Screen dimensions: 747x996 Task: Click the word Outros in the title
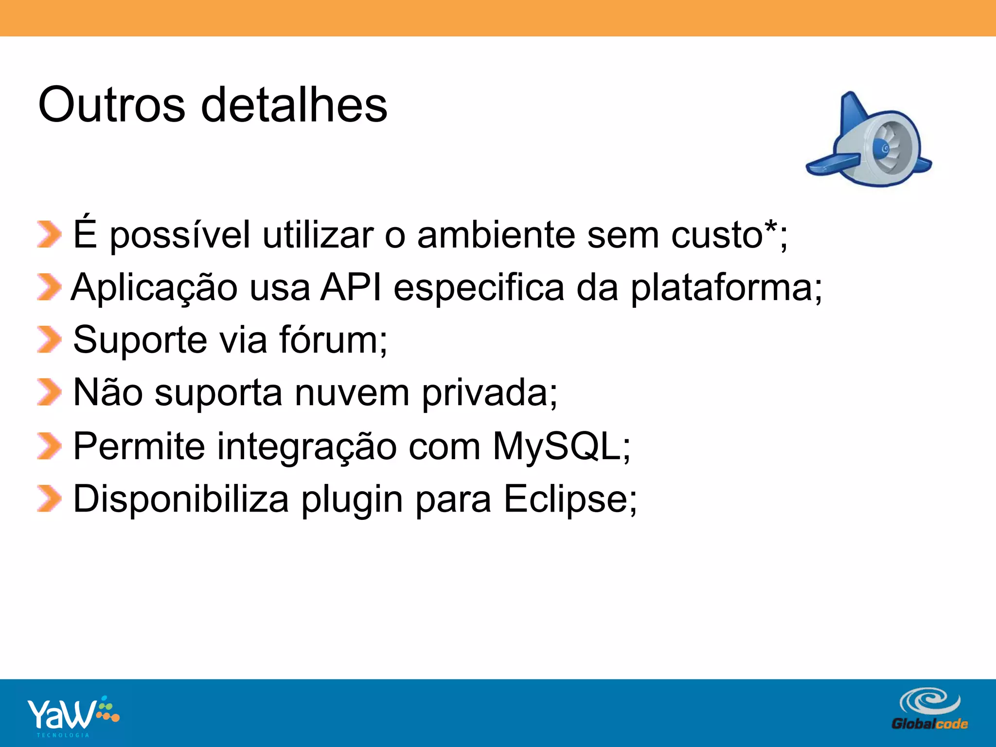[111, 105]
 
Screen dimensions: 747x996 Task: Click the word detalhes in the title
[294, 105]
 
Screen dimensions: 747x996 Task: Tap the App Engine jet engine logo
[870, 141]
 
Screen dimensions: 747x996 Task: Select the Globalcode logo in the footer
[929, 710]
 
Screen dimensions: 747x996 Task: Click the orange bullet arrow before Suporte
[49, 339]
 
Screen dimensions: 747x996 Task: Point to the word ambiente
[496, 235]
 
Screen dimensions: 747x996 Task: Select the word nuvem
[352, 393]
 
